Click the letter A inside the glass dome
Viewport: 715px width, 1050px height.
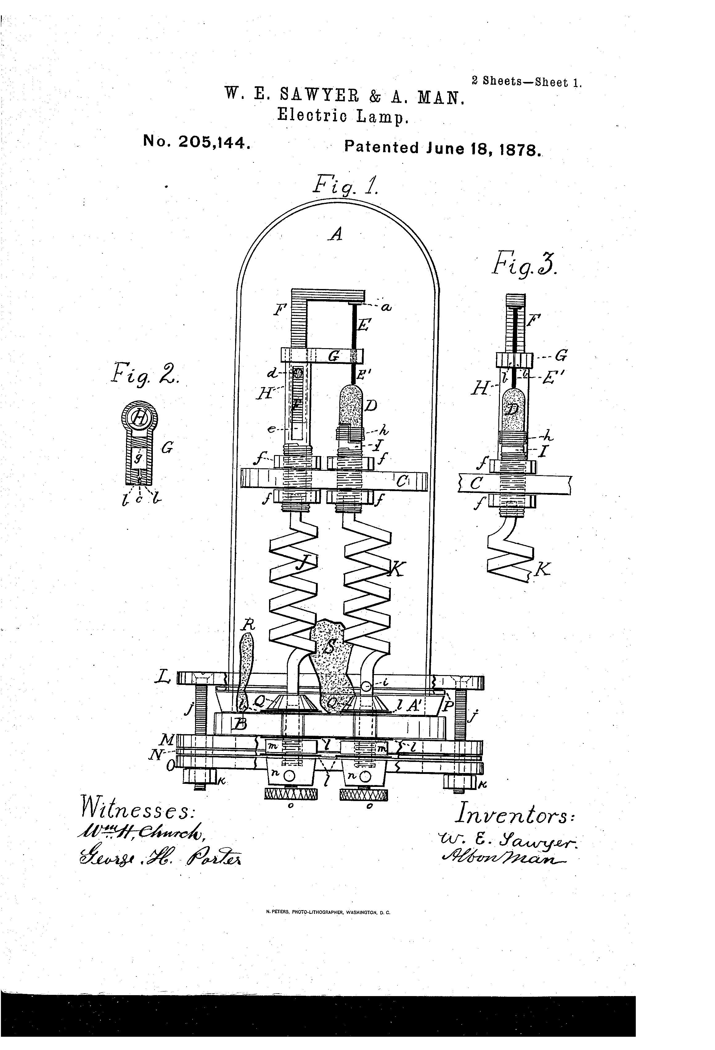tap(336, 234)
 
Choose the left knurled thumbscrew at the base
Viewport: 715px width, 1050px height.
tap(290, 793)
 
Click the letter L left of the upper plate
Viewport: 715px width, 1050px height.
tap(163, 678)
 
